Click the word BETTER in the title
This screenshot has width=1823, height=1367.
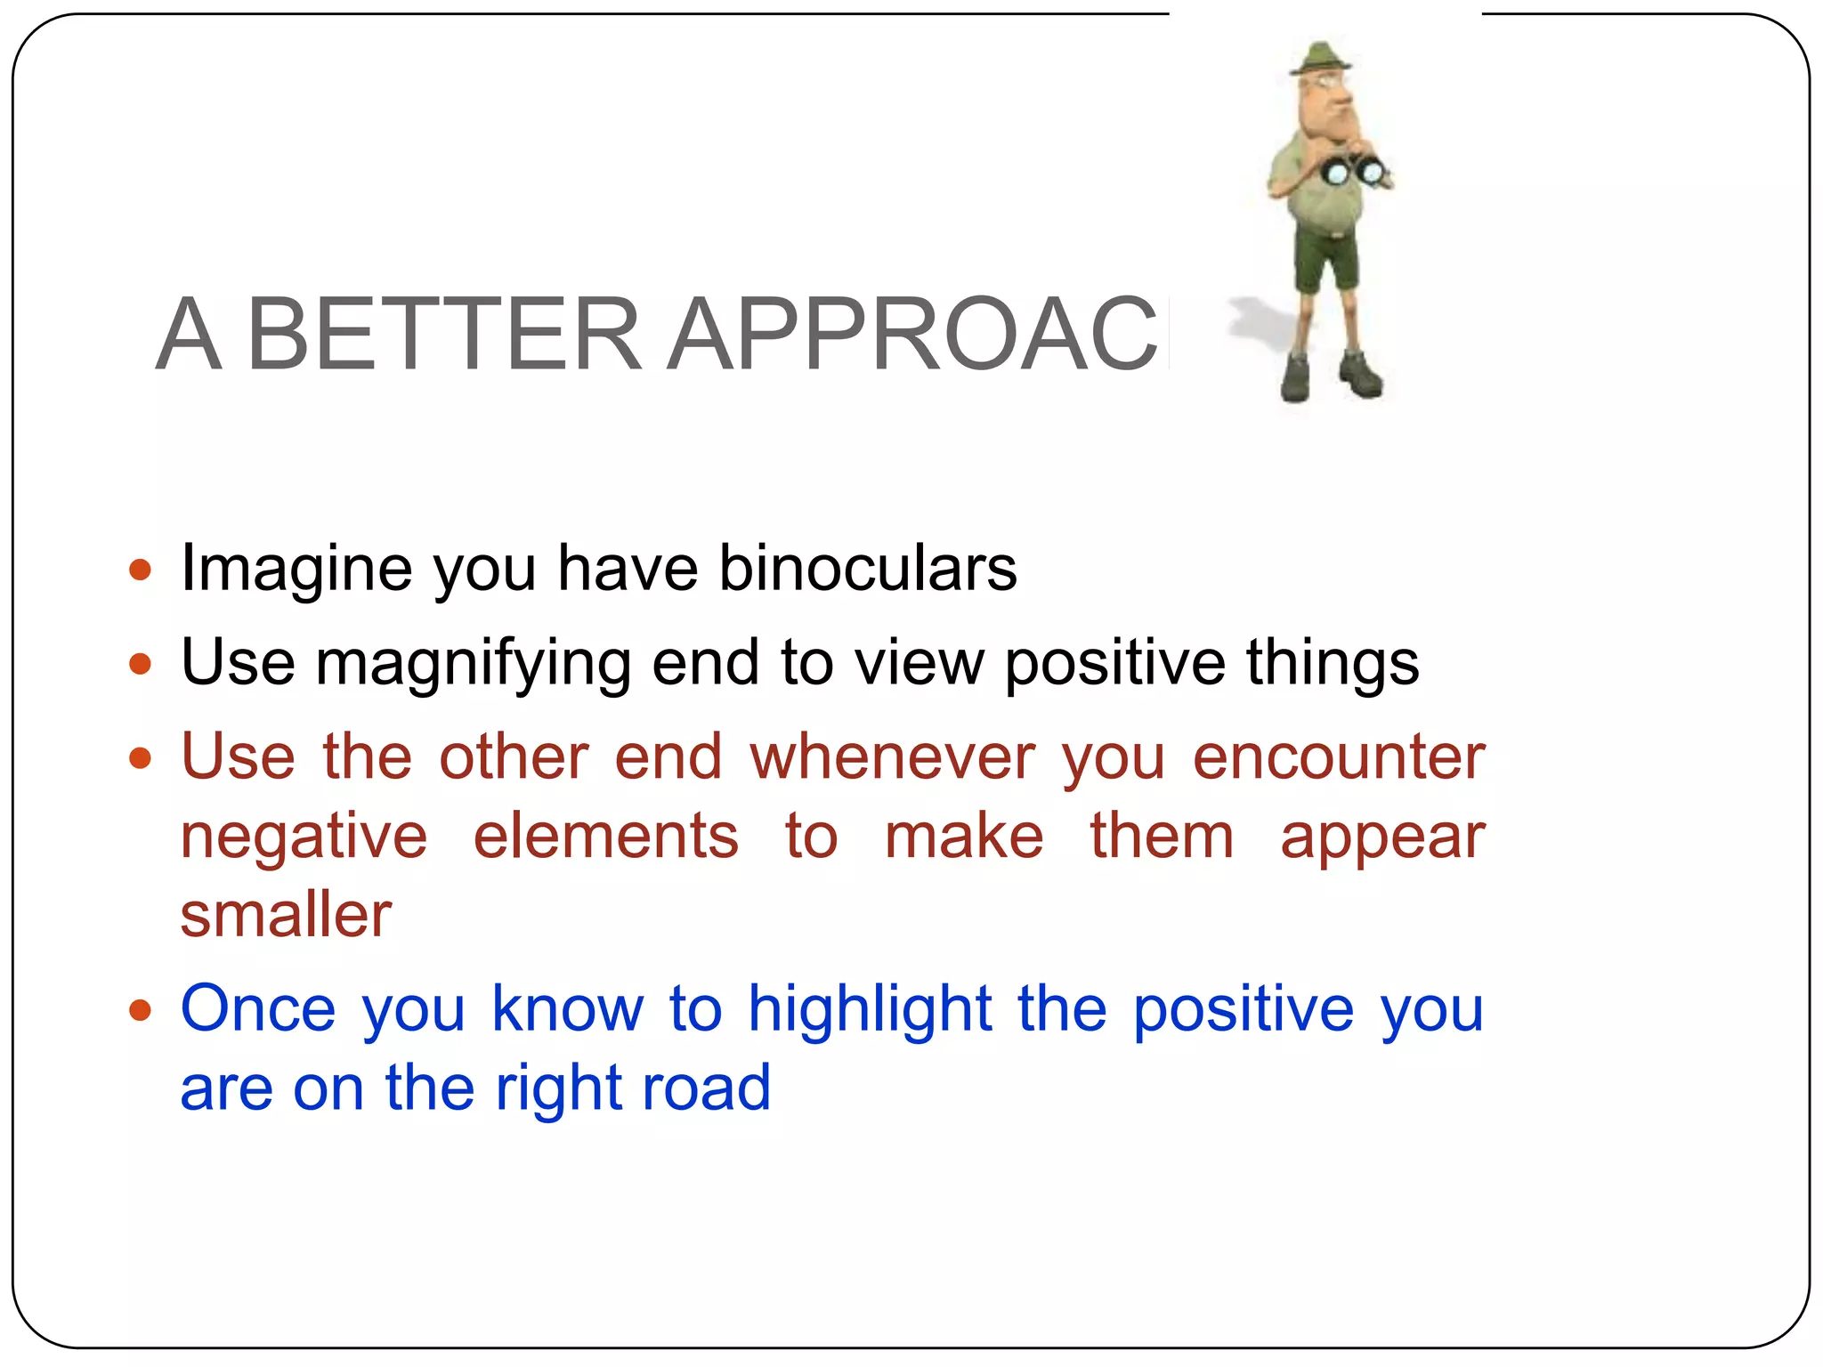pyautogui.click(x=443, y=334)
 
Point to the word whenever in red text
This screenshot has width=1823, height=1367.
pyautogui.click(x=893, y=757)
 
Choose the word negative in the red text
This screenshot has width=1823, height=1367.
pyautogui.click(x=304, y=837)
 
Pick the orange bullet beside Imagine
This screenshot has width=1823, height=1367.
pyautogui.click(x=141, y=570)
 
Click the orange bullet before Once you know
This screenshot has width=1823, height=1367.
pyautogui.click(x=141, y=1010)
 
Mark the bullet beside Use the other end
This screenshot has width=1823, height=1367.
pyautogui.click(x=141, y=758)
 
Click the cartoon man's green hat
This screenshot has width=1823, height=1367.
pyautogui.click(x=1320, y=58)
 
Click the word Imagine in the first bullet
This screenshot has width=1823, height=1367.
pyautogui.click(x=296, y=569)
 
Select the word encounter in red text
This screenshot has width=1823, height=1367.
pyautogui.click(x=1339, y=757)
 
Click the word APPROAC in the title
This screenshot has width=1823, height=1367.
pyautogui.click(x=912, y=334)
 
